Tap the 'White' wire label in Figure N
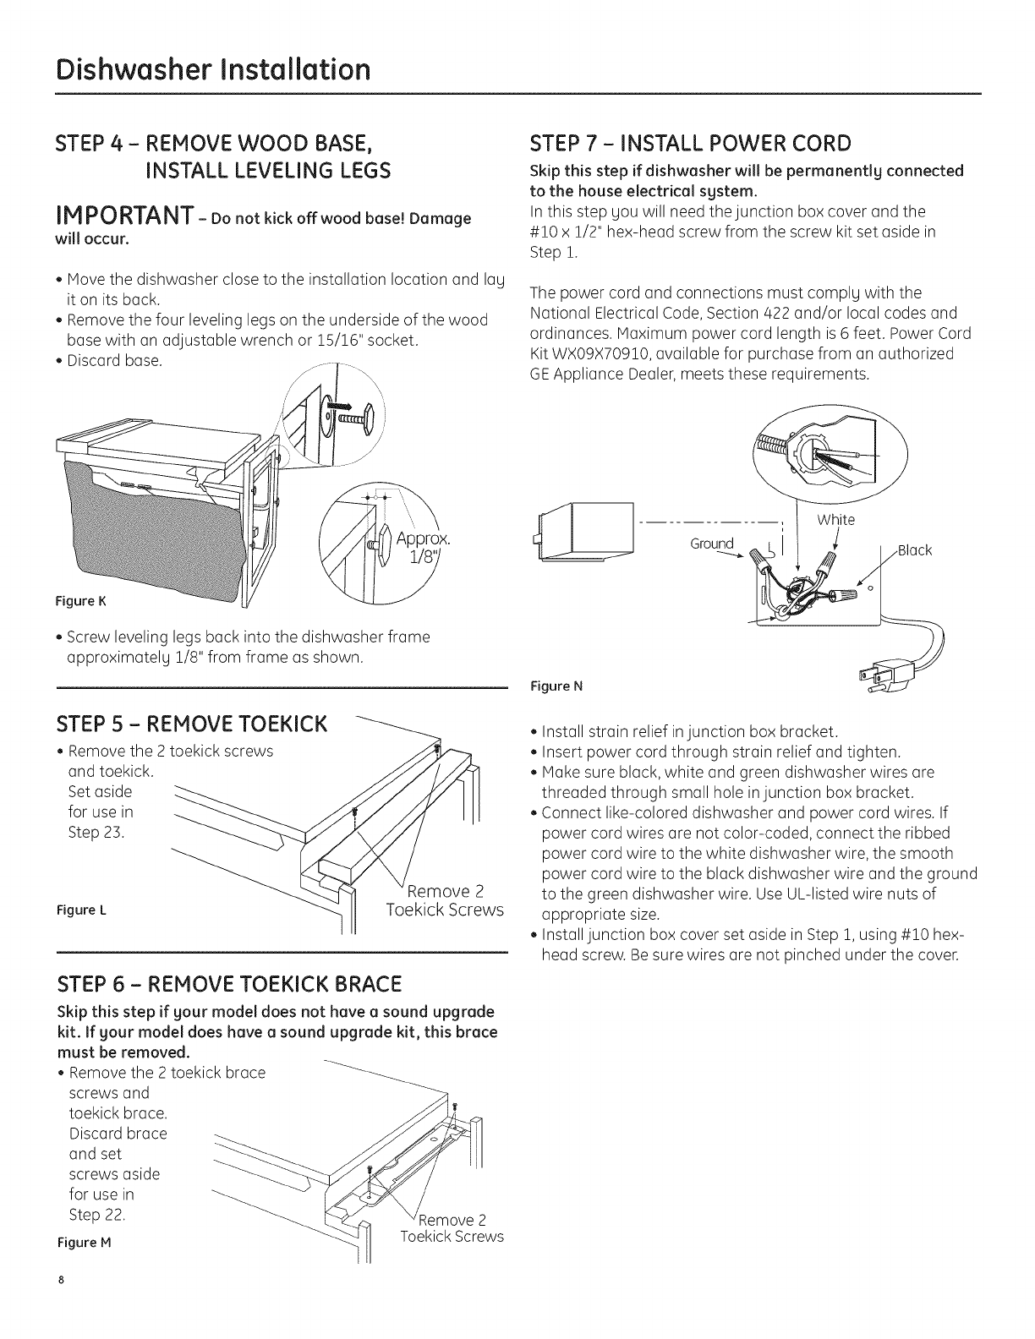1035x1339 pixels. click(835, 520)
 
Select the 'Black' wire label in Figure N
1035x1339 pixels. click(914, 550)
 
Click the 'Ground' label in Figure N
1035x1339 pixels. click(711, 544)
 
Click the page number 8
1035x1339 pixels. click(61, 1303)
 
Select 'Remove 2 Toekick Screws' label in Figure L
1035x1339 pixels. click(445, 900)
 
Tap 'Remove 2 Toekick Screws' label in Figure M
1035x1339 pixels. click(452, 1227)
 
